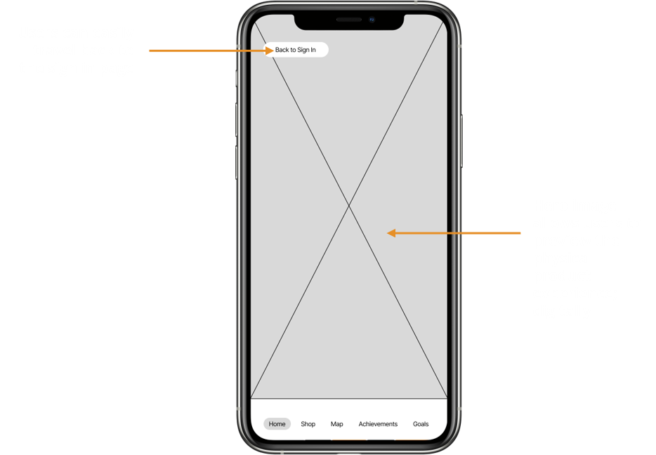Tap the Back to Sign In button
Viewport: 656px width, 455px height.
[296, 50]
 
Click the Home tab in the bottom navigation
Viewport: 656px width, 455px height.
[277, 424]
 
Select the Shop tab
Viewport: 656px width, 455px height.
[308, 424]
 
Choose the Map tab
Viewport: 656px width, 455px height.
[337, 424]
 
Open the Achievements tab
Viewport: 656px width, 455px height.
[378, 424]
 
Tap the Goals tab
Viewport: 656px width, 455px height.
[421, 424]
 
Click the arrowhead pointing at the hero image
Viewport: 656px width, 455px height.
[391, 232]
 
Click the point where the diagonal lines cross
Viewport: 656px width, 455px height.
[349, 206]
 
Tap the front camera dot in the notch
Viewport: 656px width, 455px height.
[372, 20]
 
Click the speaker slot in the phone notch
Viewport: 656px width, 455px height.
[348, 20]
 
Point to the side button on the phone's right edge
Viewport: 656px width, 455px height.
[461, 140]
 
